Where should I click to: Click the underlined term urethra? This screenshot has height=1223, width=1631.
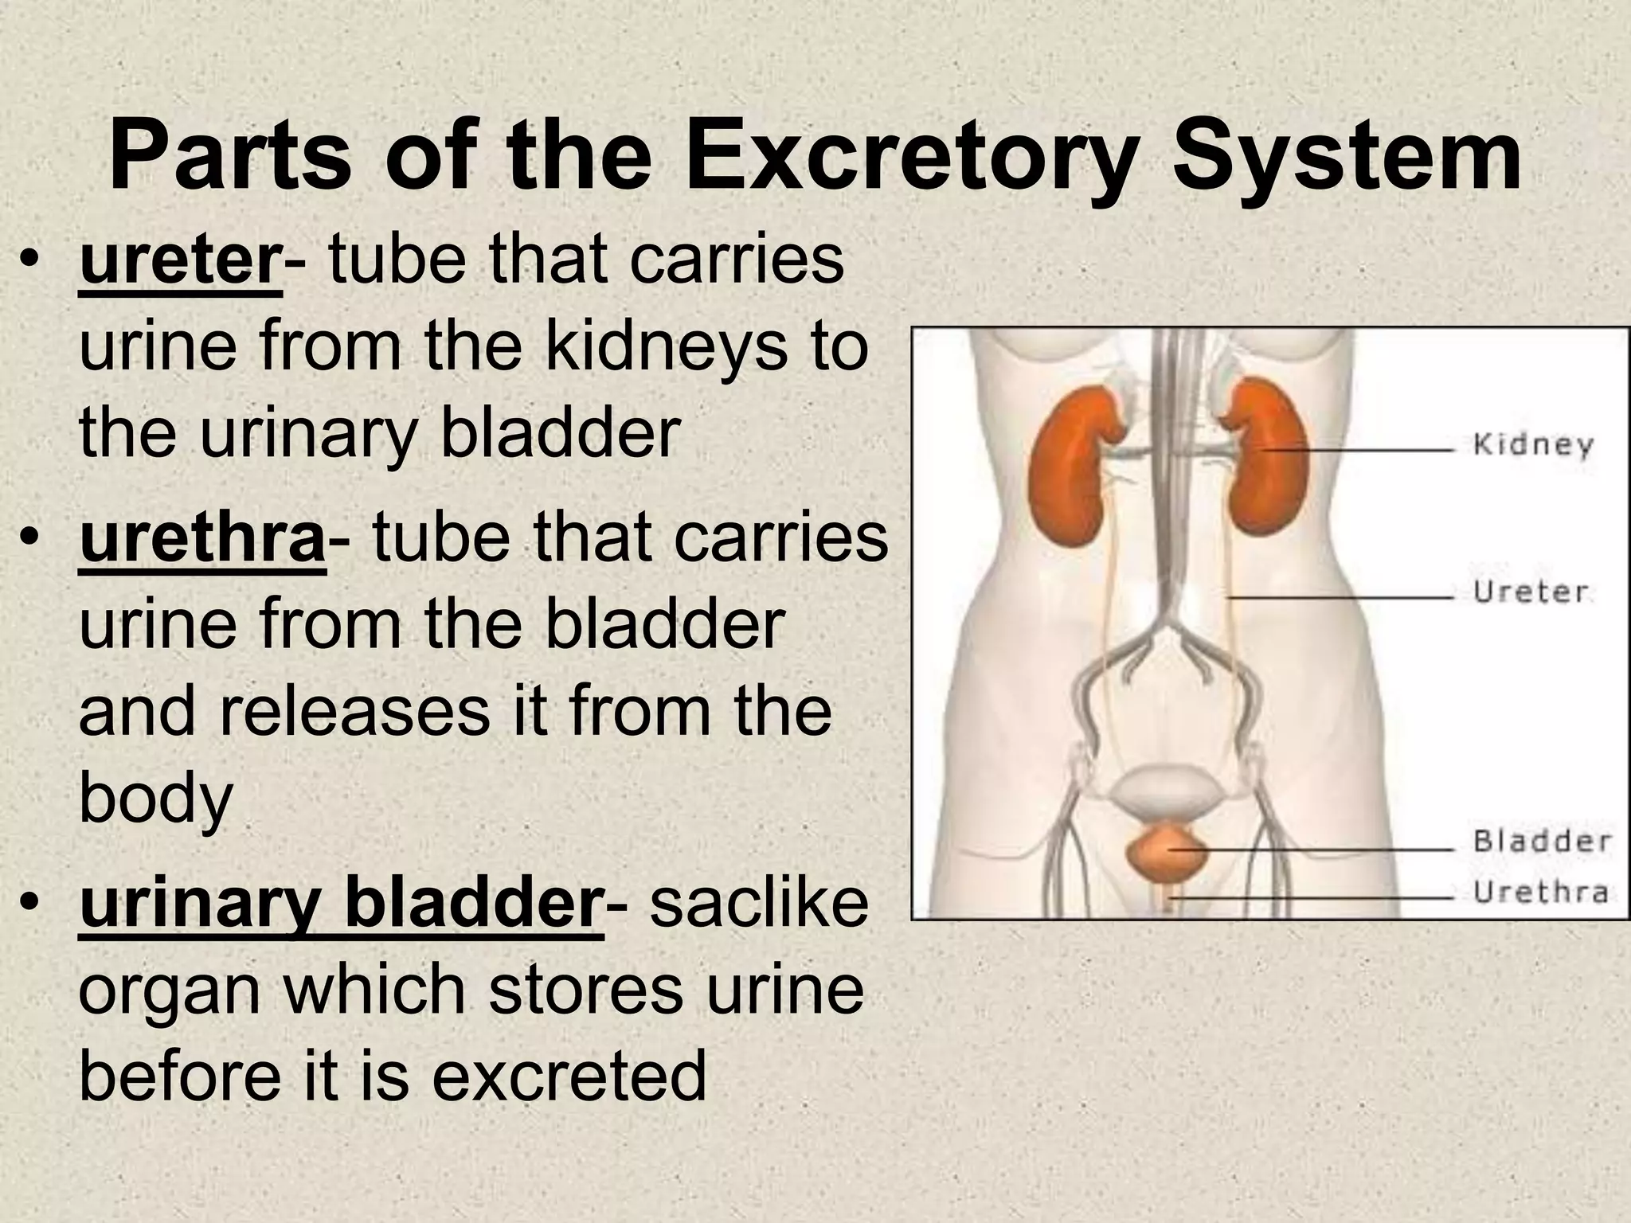pos(202,539)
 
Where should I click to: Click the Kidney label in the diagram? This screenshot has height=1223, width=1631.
pos(1532,445)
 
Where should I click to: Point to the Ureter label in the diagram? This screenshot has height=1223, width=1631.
pos(1530,592)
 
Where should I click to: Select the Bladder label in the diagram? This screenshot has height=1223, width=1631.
pos(1542,842)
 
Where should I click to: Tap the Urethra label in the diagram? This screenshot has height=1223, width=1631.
pos(1540,892)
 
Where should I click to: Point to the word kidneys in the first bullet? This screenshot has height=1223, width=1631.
pos(665,348)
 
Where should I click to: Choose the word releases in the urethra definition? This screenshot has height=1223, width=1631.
pos(354,711)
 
